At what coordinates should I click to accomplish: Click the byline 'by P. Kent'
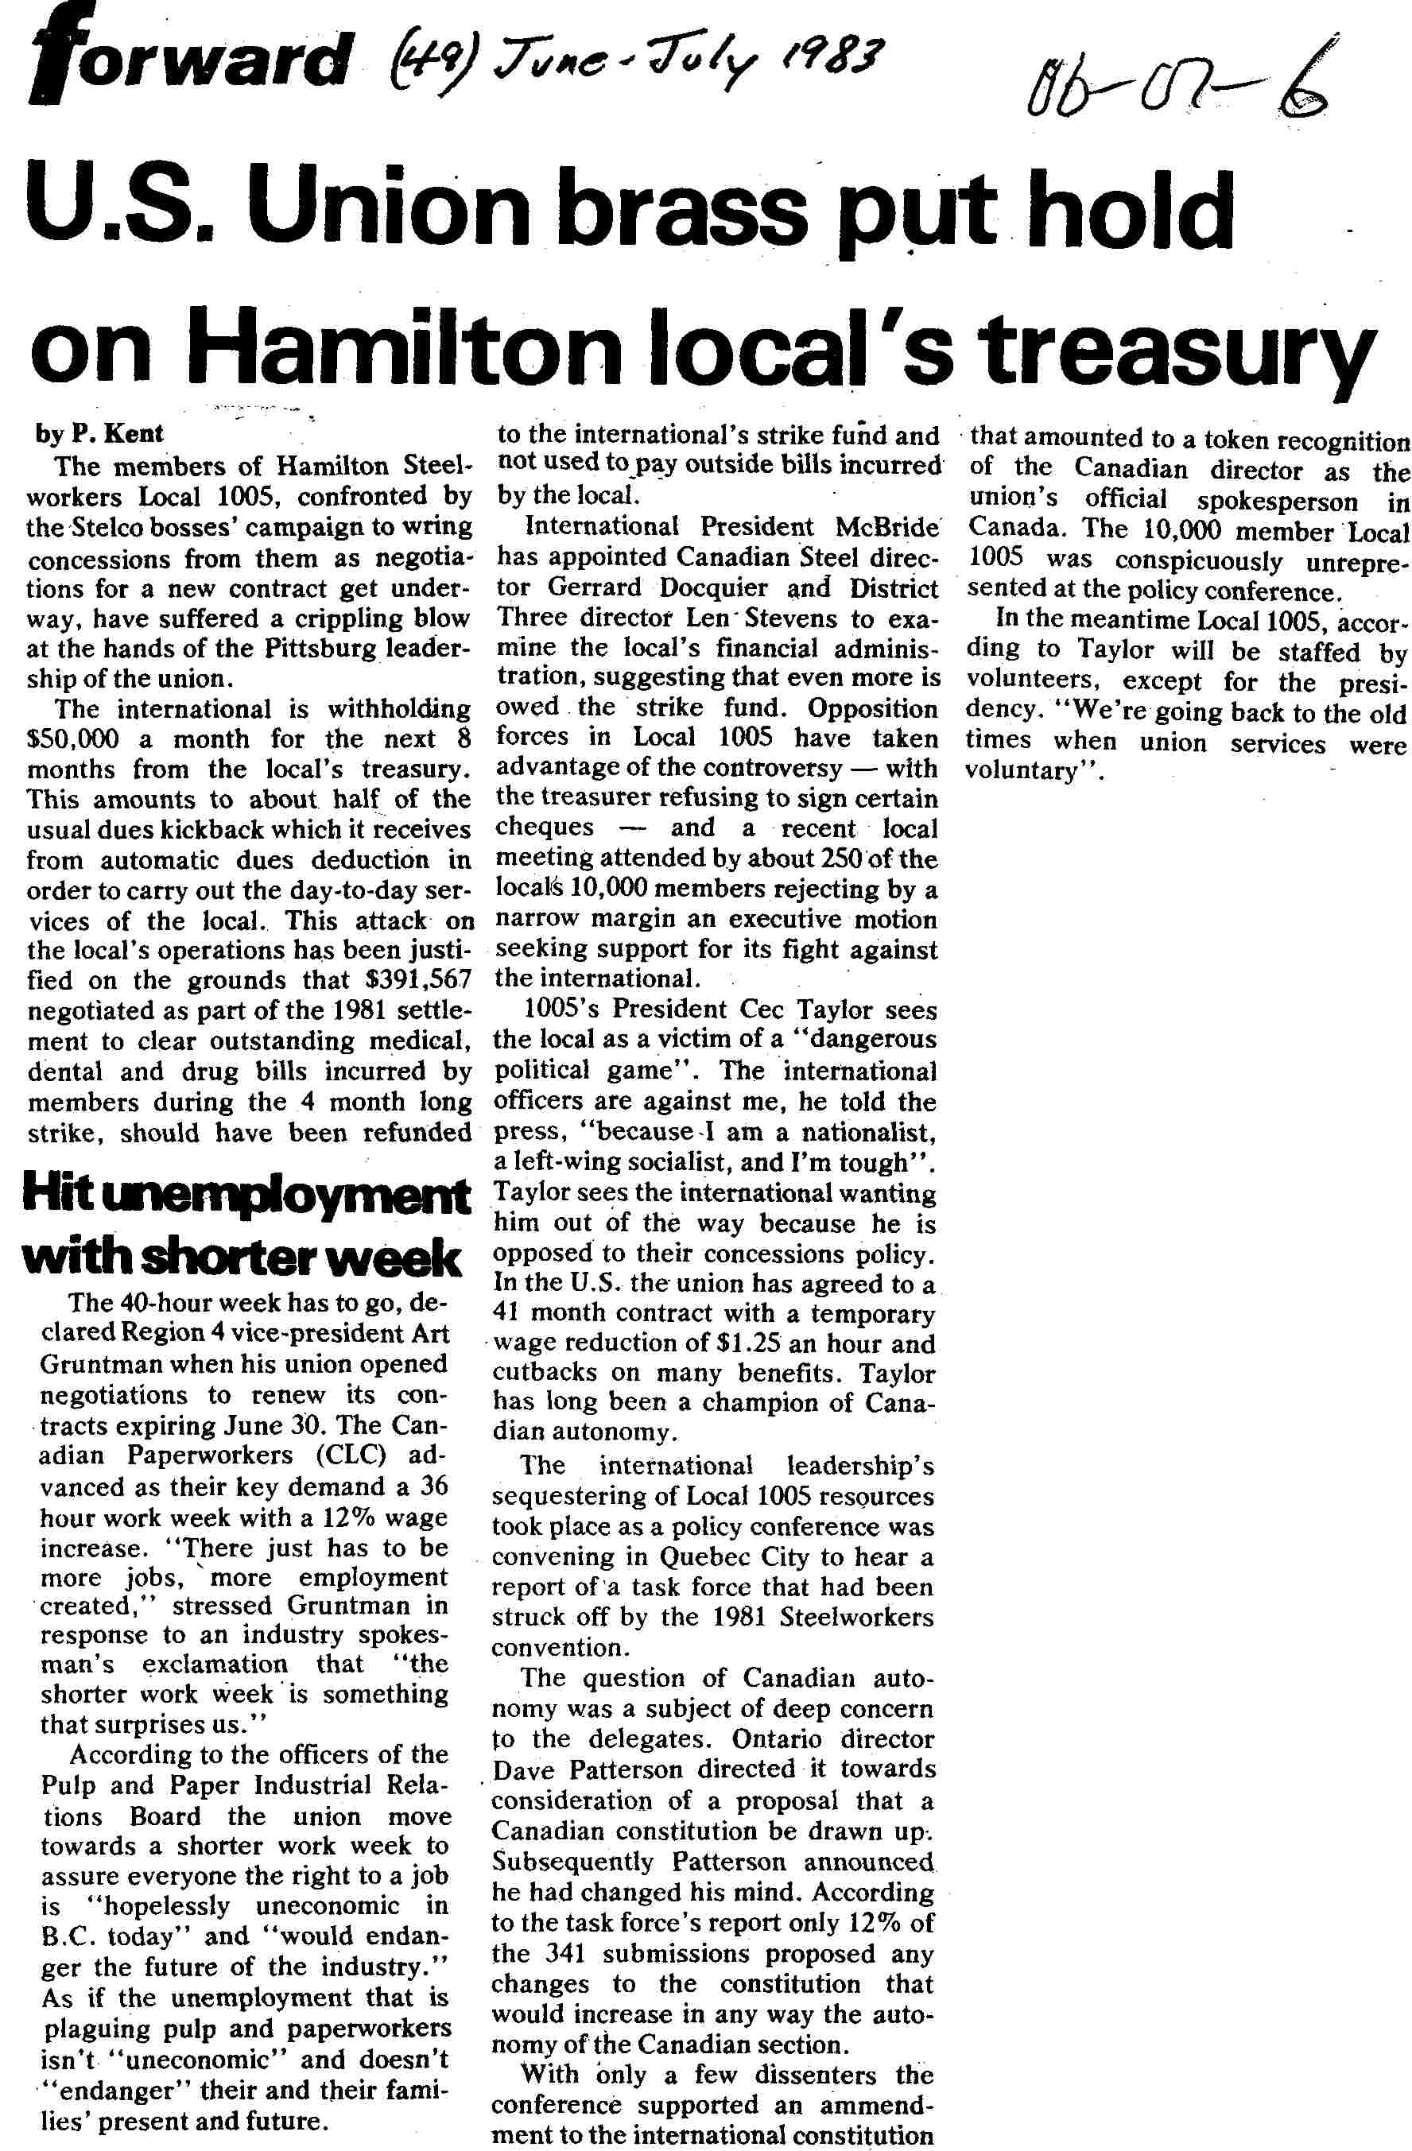[99, 434]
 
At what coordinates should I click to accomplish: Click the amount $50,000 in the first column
[73, 739]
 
